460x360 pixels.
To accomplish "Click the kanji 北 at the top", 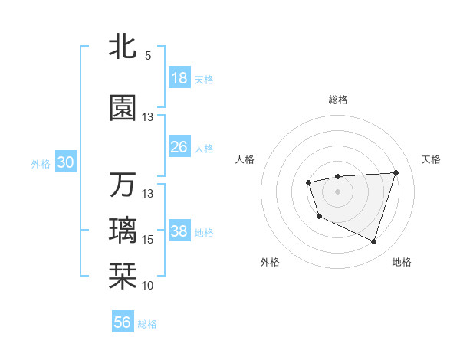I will click(x=123, y=45).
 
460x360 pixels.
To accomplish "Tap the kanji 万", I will click(x=123, y=185).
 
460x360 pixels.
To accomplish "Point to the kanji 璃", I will click(x=123, y=231).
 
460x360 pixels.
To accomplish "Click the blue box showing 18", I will click(x=179, y=78).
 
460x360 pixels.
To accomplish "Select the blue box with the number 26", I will click(x=179, y=147).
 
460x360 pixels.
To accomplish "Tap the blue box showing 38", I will click(x=179, y=231).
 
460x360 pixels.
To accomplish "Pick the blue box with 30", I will click(x=65, y=162).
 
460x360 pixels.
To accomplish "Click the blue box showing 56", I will click(x=123, y=322).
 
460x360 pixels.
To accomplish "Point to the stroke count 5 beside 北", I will click(x=148, y=55).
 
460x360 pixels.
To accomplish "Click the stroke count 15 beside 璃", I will click(x=148, y=240).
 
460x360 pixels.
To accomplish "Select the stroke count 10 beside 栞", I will click(x=148, y=286).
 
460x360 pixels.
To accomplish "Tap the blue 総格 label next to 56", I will click(x=147, y=324).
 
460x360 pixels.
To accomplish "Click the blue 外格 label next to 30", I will click(x=41, y=163).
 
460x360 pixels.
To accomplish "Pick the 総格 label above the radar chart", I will click(x=338, y=100).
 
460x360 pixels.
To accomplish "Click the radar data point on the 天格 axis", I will click(x=396, y=172).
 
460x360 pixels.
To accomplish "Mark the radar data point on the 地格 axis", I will click(x=373, y=241).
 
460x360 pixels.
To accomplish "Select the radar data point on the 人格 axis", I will click(x=308, y=182).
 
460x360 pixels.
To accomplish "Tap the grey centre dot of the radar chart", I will click(x=338, y=191).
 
